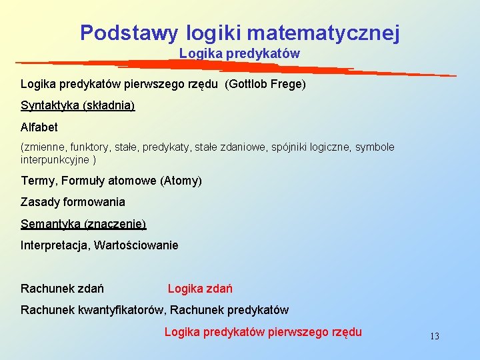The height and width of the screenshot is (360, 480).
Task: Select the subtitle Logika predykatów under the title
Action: pos(239,53)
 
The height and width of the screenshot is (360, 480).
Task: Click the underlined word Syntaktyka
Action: pos(49,105)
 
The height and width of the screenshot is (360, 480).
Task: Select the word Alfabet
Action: pos(39,127)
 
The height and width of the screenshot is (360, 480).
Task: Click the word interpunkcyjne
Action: pos(55,159)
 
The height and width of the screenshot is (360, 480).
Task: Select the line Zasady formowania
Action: pos(73,201)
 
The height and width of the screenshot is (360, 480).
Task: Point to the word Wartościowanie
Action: pos(137,245)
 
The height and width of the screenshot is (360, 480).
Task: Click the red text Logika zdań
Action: pos(200,289)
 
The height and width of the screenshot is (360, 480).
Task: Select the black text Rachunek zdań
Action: pos(62,289)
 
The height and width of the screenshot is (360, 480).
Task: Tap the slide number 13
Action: pos(435,336)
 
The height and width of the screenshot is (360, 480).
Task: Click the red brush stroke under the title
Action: pos(233,66)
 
